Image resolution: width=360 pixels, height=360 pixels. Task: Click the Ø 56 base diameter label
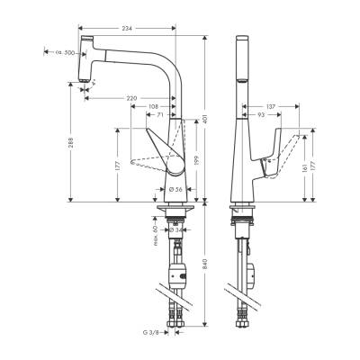(x=177, y=190)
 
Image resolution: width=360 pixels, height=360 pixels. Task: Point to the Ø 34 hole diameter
(x=181, y=230)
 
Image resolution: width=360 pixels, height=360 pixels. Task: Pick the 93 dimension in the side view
(x=261, y=116)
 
